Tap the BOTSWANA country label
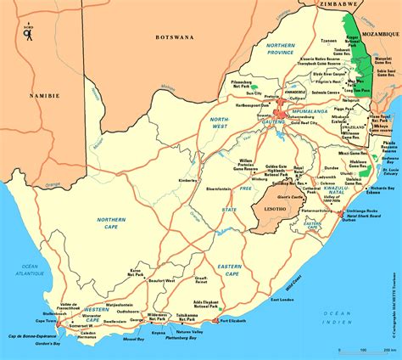[176, 37]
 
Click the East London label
[282, 301]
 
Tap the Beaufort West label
[160, 280]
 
